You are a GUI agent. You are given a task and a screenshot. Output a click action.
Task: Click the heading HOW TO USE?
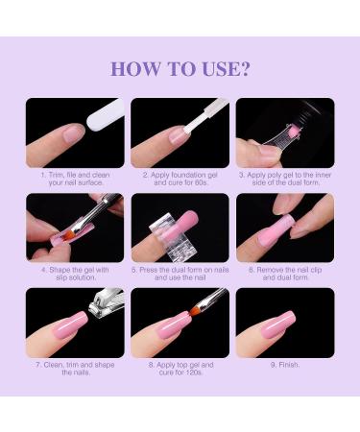180,68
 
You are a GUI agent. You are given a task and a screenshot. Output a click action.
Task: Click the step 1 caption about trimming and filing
75,180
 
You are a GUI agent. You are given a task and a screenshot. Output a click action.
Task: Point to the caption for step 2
180,180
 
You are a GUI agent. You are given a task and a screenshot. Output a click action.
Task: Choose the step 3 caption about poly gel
285,180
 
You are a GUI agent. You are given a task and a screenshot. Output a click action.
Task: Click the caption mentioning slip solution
75,276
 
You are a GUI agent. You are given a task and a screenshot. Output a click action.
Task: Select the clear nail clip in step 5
180,230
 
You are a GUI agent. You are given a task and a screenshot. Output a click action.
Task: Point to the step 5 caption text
180,276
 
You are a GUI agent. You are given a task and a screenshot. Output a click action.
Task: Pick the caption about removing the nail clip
285,276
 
